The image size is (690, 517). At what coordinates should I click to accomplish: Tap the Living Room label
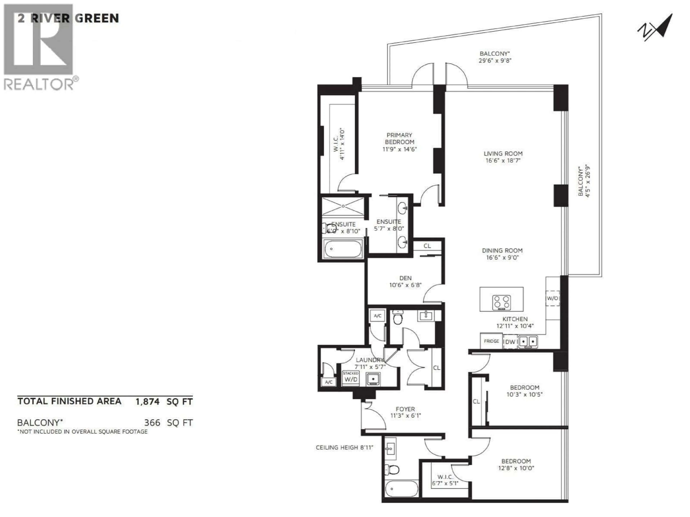[x=503, y=154]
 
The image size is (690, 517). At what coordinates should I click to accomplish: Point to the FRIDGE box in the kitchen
[x=491, y=341]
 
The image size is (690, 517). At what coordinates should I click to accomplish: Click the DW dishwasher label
[x=510, y=342]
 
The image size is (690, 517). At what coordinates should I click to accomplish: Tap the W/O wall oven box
[x=552, y=298]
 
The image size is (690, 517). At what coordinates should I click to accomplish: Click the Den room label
[x=405, y=278]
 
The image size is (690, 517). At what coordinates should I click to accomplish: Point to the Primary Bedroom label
[x=399, y=138]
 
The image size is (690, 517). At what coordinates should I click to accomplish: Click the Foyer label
[x=405, y=409]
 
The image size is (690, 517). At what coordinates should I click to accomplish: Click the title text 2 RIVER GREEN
[x=68, y=18]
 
